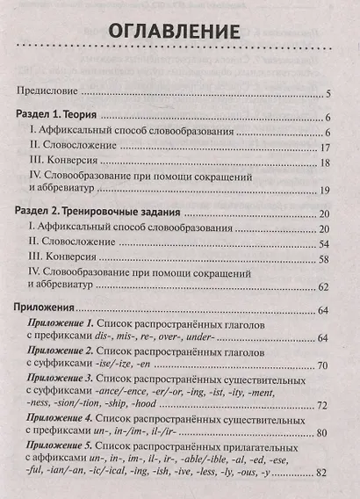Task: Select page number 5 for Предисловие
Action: coord(326,92)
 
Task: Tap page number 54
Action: coord(322,243)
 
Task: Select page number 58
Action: coord(322,259)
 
